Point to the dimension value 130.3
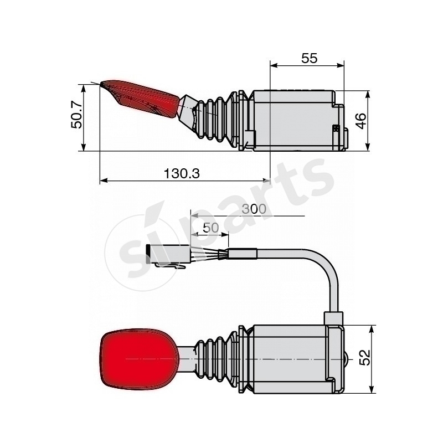pyautogui.click(x=182, y=173)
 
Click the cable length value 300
pyautogui.click(x=254, y=209)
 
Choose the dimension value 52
pyautogui.click(x=364, y=357)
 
